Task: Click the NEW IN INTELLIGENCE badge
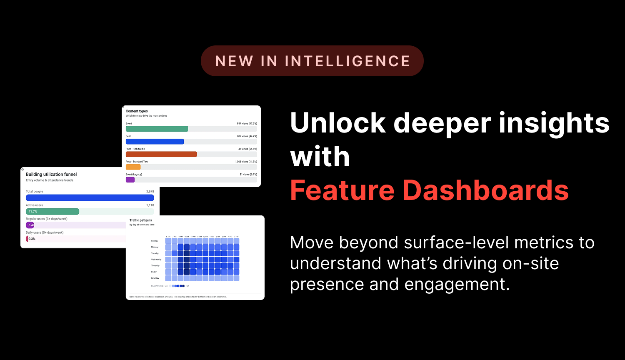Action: click(x=312, y=61)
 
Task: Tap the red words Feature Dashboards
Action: click(x=429, y=190)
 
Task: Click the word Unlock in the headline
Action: click(x=338, y=123)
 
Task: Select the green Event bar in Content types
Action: click(x=157, y=129)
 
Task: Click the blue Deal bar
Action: click(x=155, y=142)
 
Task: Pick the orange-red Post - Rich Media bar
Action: click(x=161, y=154)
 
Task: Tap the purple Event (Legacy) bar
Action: click(x=130, y=180)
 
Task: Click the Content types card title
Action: click(x=137, y=111)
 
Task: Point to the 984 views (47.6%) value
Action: click(x=247, y=124)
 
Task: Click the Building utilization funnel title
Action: click(x=51, y=174)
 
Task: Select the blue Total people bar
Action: click(x=90, y=198)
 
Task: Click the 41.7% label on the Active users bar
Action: click(x=32, y=212)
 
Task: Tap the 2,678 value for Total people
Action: click(x=150, y=192)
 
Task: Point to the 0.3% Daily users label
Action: click(x=32, y=239)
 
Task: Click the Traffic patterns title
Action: click(x=140, y=220)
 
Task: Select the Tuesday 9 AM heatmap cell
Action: click(x=187, y=253)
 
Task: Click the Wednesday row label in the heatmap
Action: click(x=156, y=260)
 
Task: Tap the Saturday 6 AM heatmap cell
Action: click(x=168, y=278)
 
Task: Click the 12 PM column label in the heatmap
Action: click(x=205, y=237)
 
